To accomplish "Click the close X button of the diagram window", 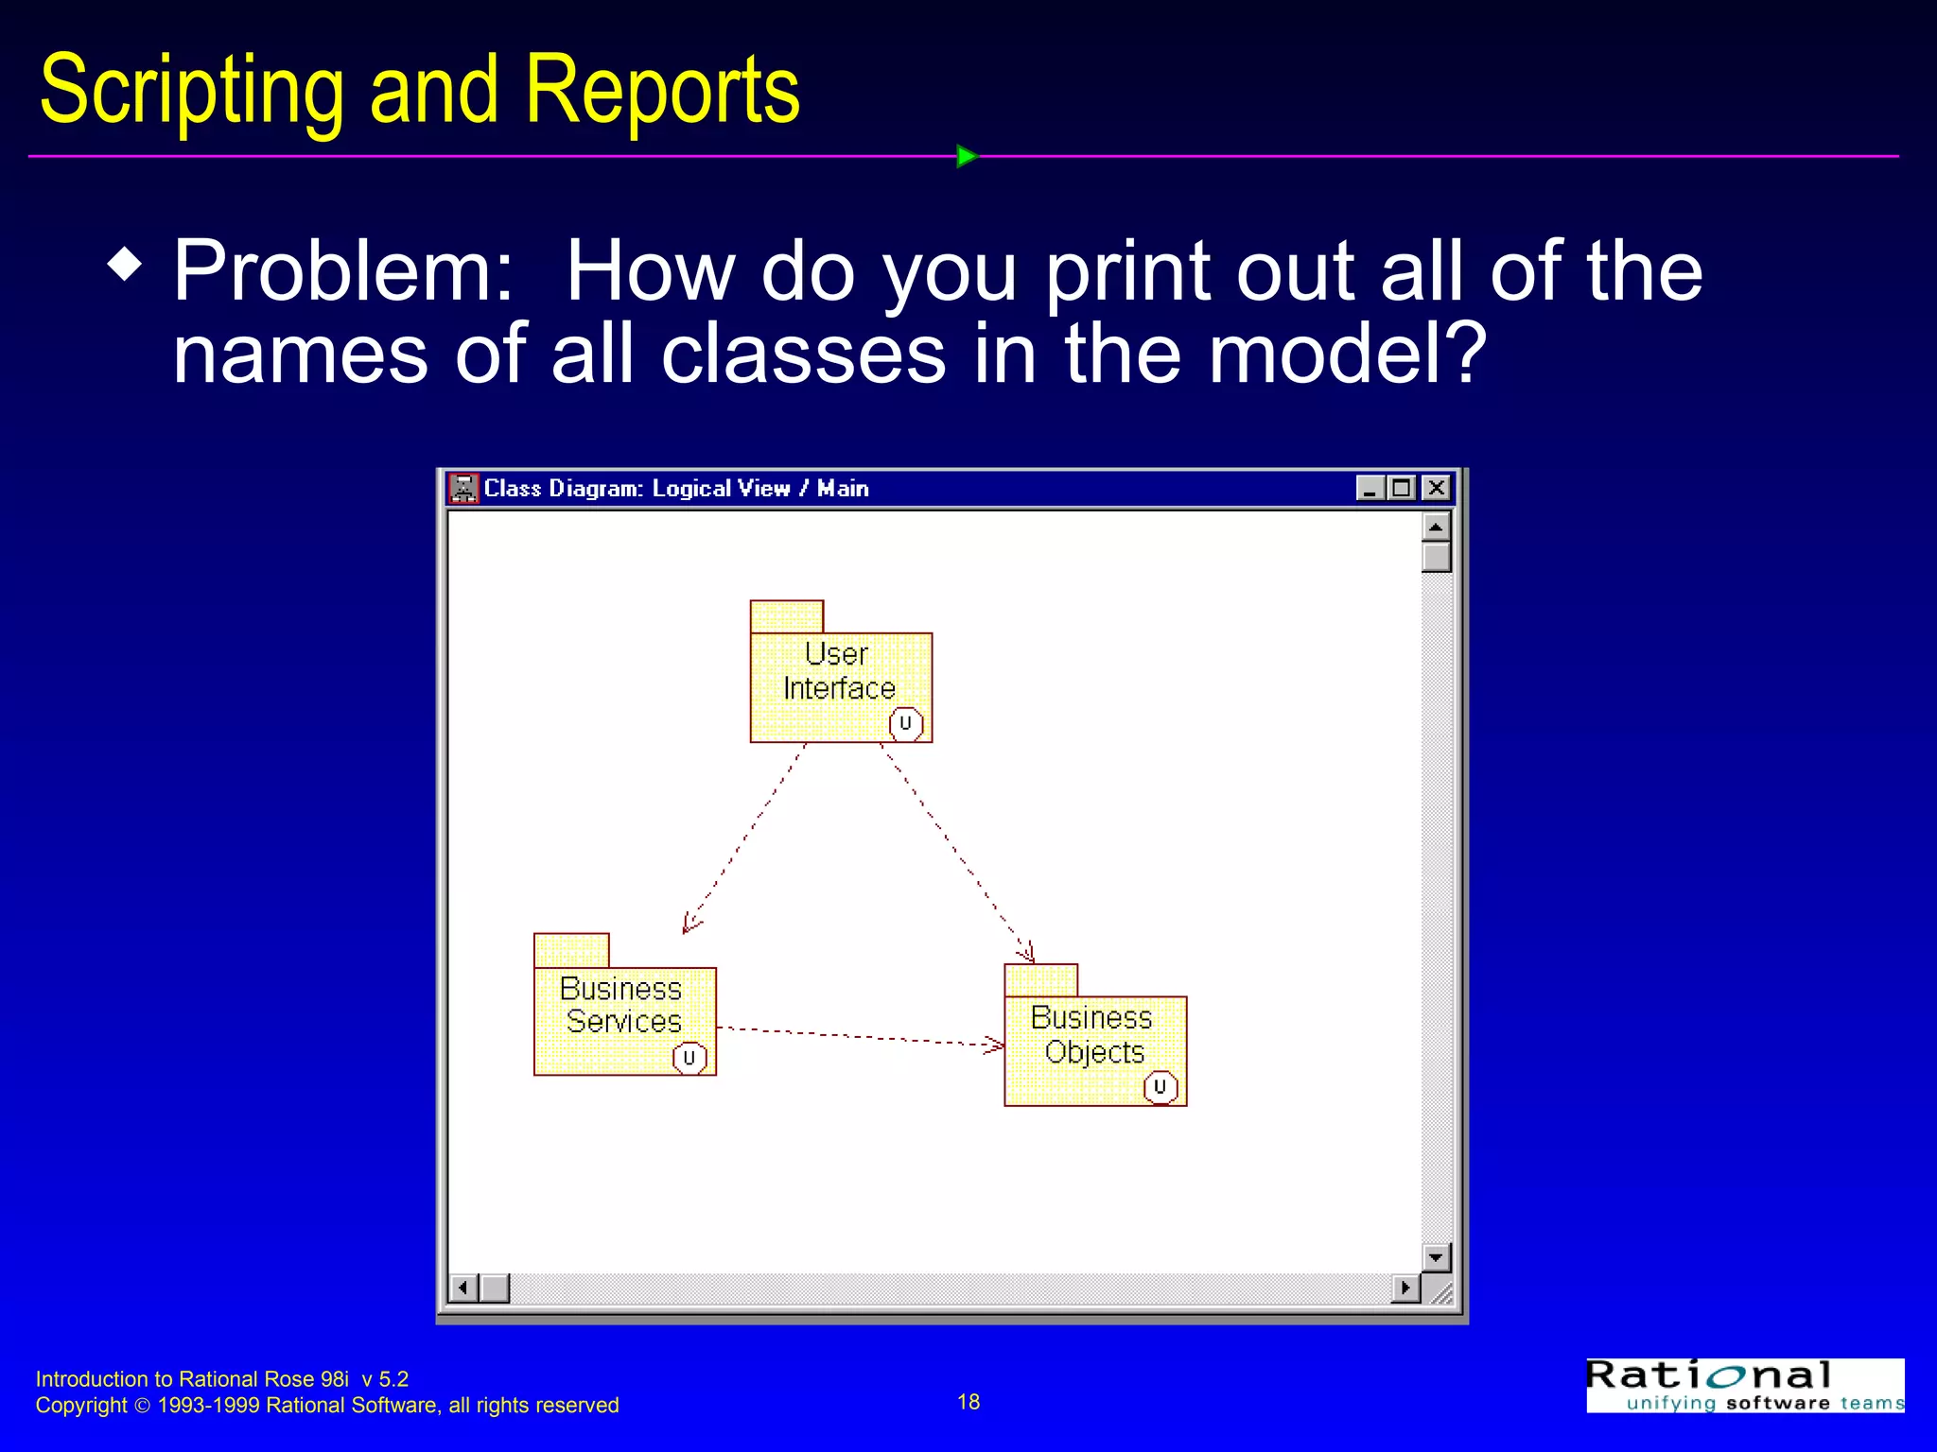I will coord(1436,488).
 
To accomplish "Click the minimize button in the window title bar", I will coord(1370,488).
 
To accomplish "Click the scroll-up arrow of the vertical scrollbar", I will coord(1436,527).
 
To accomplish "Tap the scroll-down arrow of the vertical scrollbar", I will coord(1436,1257).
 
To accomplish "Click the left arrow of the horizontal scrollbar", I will coord(462,1288).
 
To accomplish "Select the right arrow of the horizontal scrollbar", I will coord(1405,1288).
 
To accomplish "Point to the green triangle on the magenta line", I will coord(966,156).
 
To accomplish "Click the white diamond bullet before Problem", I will coord(125,264).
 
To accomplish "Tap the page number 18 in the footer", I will coord(968,1402).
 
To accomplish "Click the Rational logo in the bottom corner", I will coord(1745,1385).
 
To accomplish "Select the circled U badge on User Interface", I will coord(905,724).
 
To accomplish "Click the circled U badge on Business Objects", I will coord(1160,1087).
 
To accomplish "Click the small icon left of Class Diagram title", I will coord(463,489).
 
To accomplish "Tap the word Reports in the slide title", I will coord(662,90).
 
